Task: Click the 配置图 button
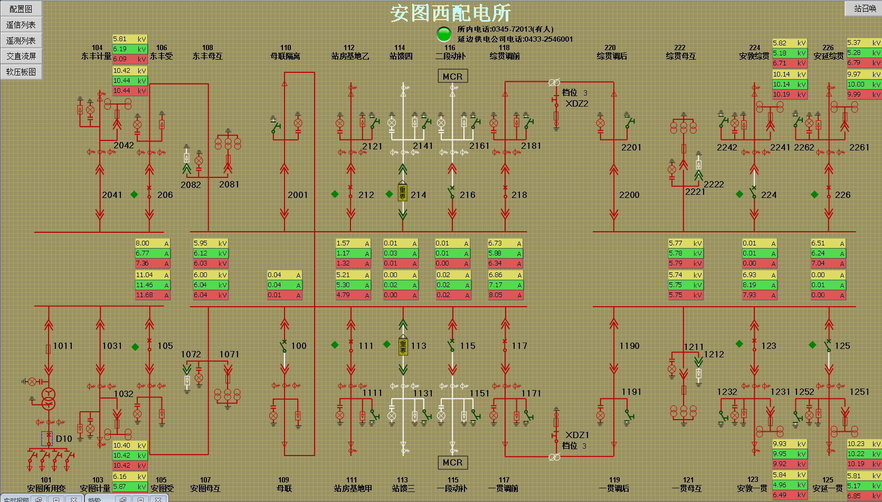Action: [21, 8]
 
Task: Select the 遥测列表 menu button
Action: [21, 40]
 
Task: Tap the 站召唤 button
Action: [865, 8]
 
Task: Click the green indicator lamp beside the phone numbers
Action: [444, 34]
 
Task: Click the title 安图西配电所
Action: [450, 13]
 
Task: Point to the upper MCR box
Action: [452, 77]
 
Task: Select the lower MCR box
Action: [452, 462]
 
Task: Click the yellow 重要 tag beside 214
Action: [403, 193]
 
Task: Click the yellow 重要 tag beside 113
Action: [403, 346]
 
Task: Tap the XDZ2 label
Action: [576, 103]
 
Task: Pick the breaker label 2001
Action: [298, 195]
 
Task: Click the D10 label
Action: [64, 439]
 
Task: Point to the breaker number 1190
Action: [629, 346]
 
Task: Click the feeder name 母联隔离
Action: [285, 56]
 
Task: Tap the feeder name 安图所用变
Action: [46, 488]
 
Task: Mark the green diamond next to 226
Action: [814, 195]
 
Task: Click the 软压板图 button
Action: [21, 72]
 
